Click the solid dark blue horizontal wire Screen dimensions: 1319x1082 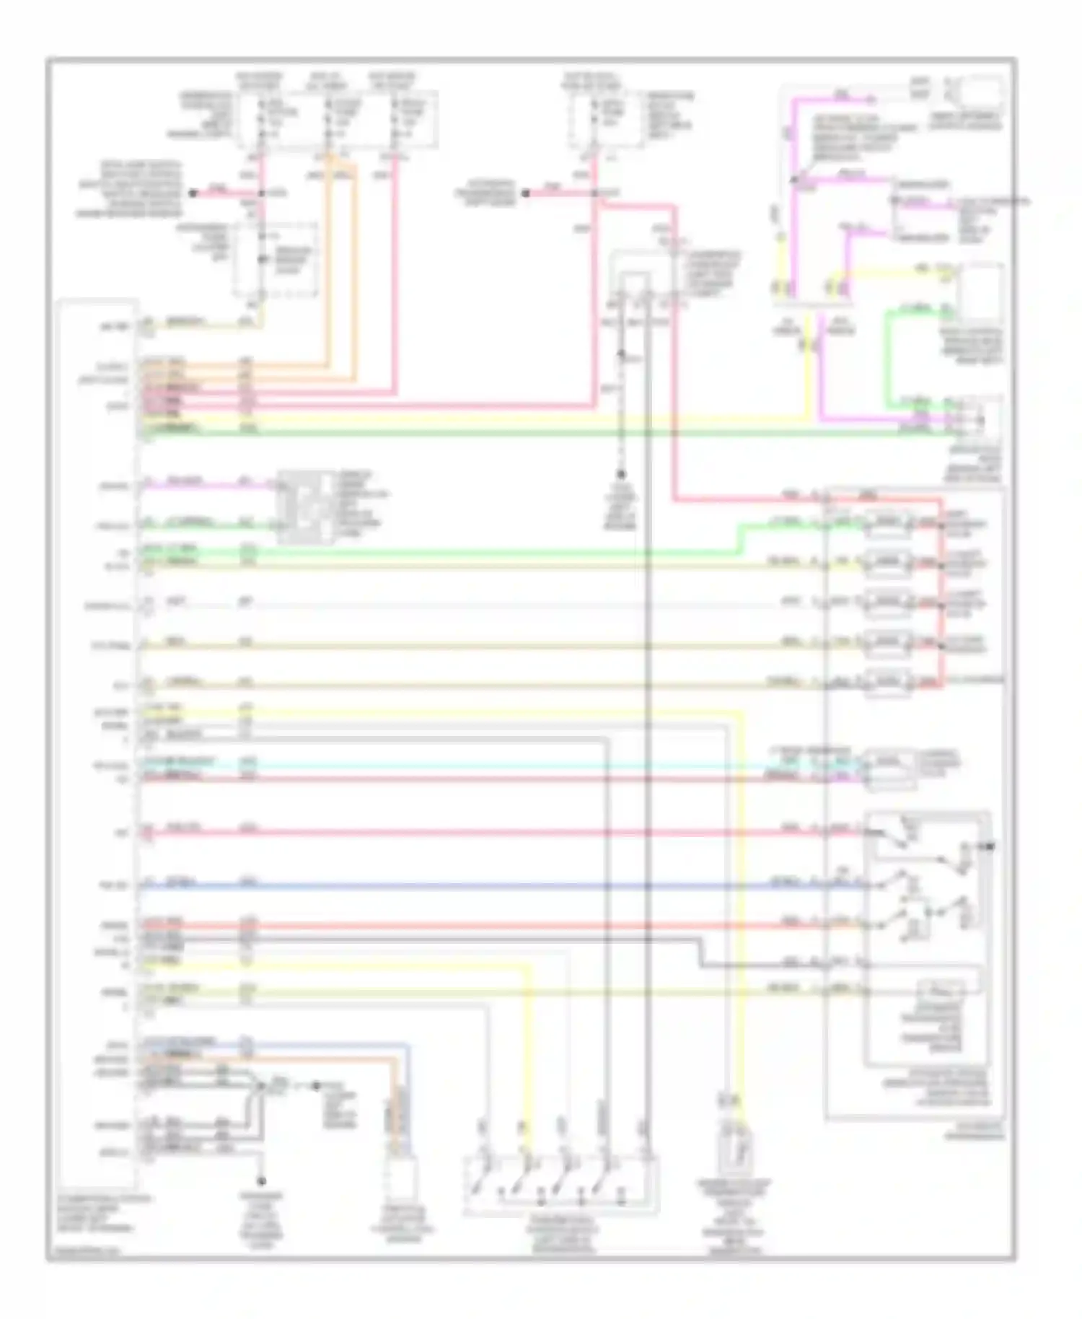point(505,886)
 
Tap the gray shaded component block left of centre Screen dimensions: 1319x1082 point(307,507)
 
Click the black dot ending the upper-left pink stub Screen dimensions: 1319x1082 point(193,193)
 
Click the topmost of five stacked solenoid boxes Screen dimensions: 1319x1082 point(888,522)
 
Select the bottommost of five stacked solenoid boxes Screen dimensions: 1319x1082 point(888,682)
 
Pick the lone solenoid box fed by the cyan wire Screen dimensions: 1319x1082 point(892,769)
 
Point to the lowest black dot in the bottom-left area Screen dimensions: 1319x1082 point(262,1181)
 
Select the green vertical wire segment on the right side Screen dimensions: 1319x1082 point(889,354)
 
